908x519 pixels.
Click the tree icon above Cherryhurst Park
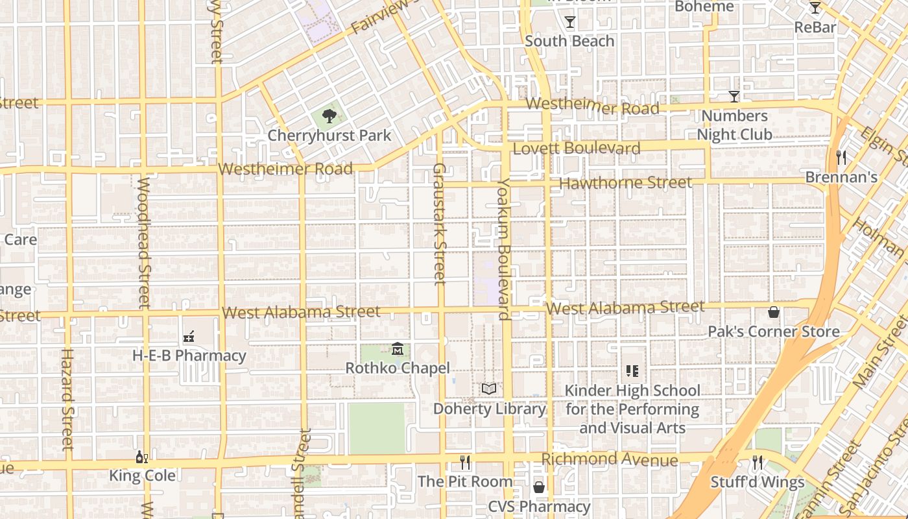(x=329, y=116)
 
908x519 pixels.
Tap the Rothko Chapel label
(x=397, y=368)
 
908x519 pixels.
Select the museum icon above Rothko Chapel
(x=398, y=350)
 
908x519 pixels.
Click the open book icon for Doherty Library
(x=489, y=389)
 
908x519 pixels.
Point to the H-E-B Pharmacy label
(x=189, y=356)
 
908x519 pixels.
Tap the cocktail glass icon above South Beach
(x=569, y=22)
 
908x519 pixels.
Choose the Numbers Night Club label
(x=734, y=125)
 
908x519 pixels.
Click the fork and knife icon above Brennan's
(x=841, y=157)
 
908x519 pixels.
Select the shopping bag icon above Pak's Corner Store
(x=773, y=312)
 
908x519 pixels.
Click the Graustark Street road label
(x=440, y=224)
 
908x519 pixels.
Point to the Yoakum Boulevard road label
(x=504, y=250)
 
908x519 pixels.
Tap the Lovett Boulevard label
(x=577, y=149)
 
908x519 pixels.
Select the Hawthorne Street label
(x=625, y=183)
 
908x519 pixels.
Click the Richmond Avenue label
(x=610, y=460)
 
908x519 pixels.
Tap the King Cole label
(x=142, y=476)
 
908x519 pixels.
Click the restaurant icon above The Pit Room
(x=465, y=463)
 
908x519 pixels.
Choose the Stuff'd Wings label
(x=758, y=482)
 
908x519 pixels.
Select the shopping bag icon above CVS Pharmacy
(x=538, y=487)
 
